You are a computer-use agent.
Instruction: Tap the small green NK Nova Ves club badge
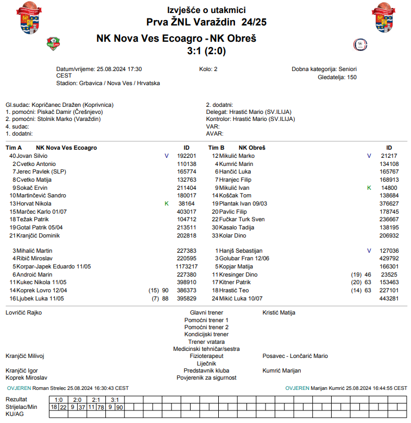[53, 44]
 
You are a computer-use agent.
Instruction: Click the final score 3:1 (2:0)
[206, 52]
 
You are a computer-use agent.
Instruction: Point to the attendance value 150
[352, 78]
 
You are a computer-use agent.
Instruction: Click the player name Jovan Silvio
[32, 156]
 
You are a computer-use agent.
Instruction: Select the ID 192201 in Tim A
[187, 156]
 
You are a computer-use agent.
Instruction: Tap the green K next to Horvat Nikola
[167, 203]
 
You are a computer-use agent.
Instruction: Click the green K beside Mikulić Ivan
[369, 188]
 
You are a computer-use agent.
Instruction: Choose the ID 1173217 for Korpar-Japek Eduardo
[186, 267]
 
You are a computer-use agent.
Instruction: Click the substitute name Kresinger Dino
[238, 275]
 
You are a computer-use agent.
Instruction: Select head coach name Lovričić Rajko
[23, 313]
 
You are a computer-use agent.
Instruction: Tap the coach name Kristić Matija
[278, 313]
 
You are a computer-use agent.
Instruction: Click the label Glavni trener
[206, 313]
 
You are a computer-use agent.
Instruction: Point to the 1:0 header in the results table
[59, 400]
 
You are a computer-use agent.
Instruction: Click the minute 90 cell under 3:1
[119, 407]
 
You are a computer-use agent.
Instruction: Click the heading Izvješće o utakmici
[206, 10]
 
